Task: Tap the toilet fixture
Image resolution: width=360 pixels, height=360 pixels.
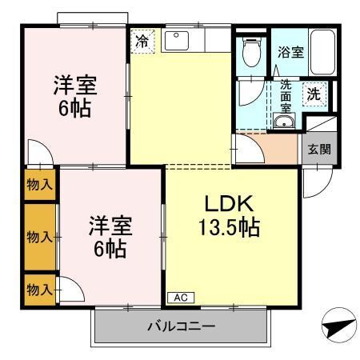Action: (x=251, y=52)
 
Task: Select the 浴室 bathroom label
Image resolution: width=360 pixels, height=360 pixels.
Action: (x=289, y=53)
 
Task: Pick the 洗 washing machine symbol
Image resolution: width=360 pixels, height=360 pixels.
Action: (x=315, y=94)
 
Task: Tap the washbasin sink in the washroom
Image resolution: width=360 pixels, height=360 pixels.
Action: (x=283, y=122)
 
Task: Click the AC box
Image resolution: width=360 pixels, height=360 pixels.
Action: (x=182, y=298)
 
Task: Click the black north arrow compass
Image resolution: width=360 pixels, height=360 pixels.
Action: (x=335, y=327)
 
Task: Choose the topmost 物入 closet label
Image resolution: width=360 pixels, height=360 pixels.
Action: (x=41, y=184)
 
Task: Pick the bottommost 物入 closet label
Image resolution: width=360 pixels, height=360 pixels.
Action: (x=41, y=287)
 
